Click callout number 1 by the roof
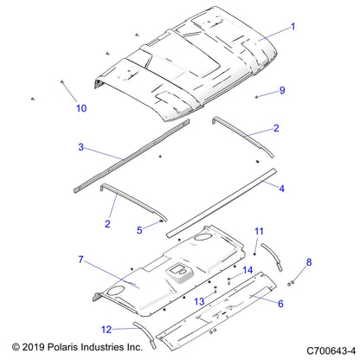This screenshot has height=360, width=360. tap(292, 27)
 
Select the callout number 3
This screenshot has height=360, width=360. tap(80, 147)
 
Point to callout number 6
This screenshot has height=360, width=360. tap(280, 303)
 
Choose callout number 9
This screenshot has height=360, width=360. tap(281, 90)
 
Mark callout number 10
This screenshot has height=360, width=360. tap(81, 108)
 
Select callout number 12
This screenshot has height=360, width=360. tap(106, 329)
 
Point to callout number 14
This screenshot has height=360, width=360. tap(247, 271)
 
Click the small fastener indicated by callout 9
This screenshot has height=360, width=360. tap(257, 96)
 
